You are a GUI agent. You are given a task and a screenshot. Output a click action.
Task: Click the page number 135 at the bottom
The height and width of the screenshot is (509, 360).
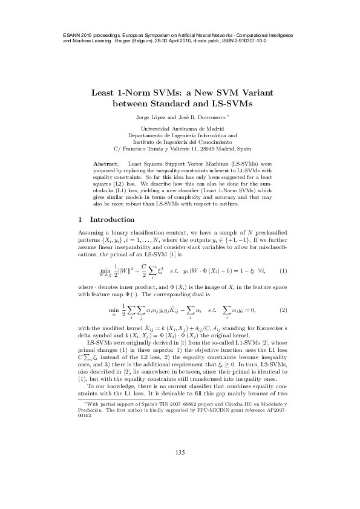pos(180,470)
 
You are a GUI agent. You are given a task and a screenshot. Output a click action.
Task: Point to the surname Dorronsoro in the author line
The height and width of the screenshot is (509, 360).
pos(215,117)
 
